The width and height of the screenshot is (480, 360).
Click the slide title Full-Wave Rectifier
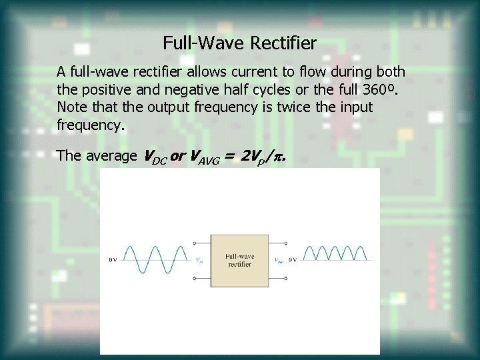pos(239,44)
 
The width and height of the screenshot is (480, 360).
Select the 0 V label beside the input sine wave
pos(113,260)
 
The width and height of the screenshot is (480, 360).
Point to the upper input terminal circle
pos(194,244)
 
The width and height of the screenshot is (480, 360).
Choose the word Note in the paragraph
pos(71,107)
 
